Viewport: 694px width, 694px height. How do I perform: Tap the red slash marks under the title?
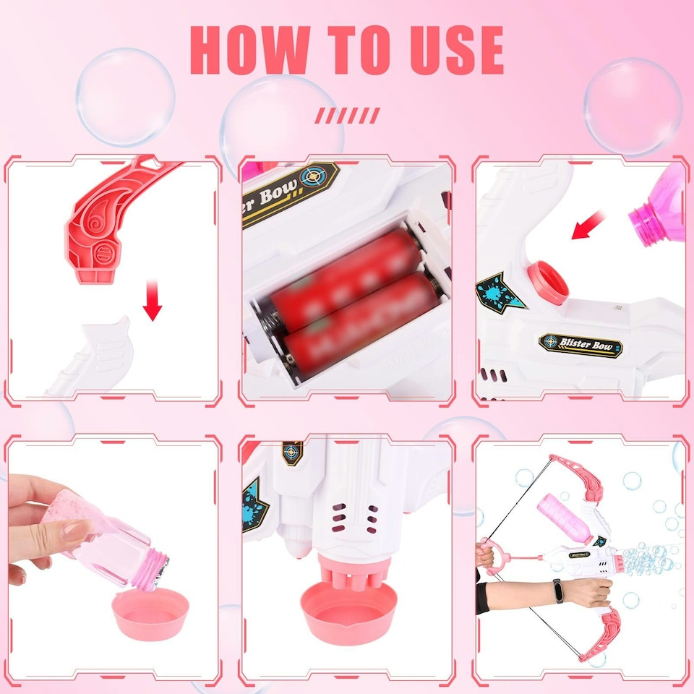[348, 115]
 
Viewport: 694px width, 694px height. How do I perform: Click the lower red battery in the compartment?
[361, 318]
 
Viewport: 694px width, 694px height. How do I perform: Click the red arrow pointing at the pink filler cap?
[589, 225]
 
